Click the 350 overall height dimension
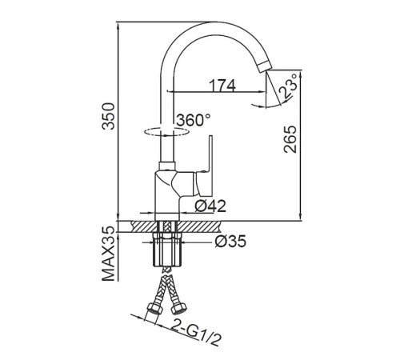point(109,116)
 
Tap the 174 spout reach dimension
point(222,86)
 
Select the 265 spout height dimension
point(290,139)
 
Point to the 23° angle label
point(287,86)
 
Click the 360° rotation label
point(194,120)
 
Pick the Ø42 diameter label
point(210,206)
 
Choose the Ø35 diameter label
point(230,242)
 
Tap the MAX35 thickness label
point(109,254)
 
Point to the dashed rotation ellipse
point(166,132)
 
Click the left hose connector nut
point(154,309)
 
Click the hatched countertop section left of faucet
point(144,226)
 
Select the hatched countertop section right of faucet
point(199,226)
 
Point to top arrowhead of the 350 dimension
point(118,26)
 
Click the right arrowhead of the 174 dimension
point(262,91)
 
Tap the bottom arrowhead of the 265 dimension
point(301,217)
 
